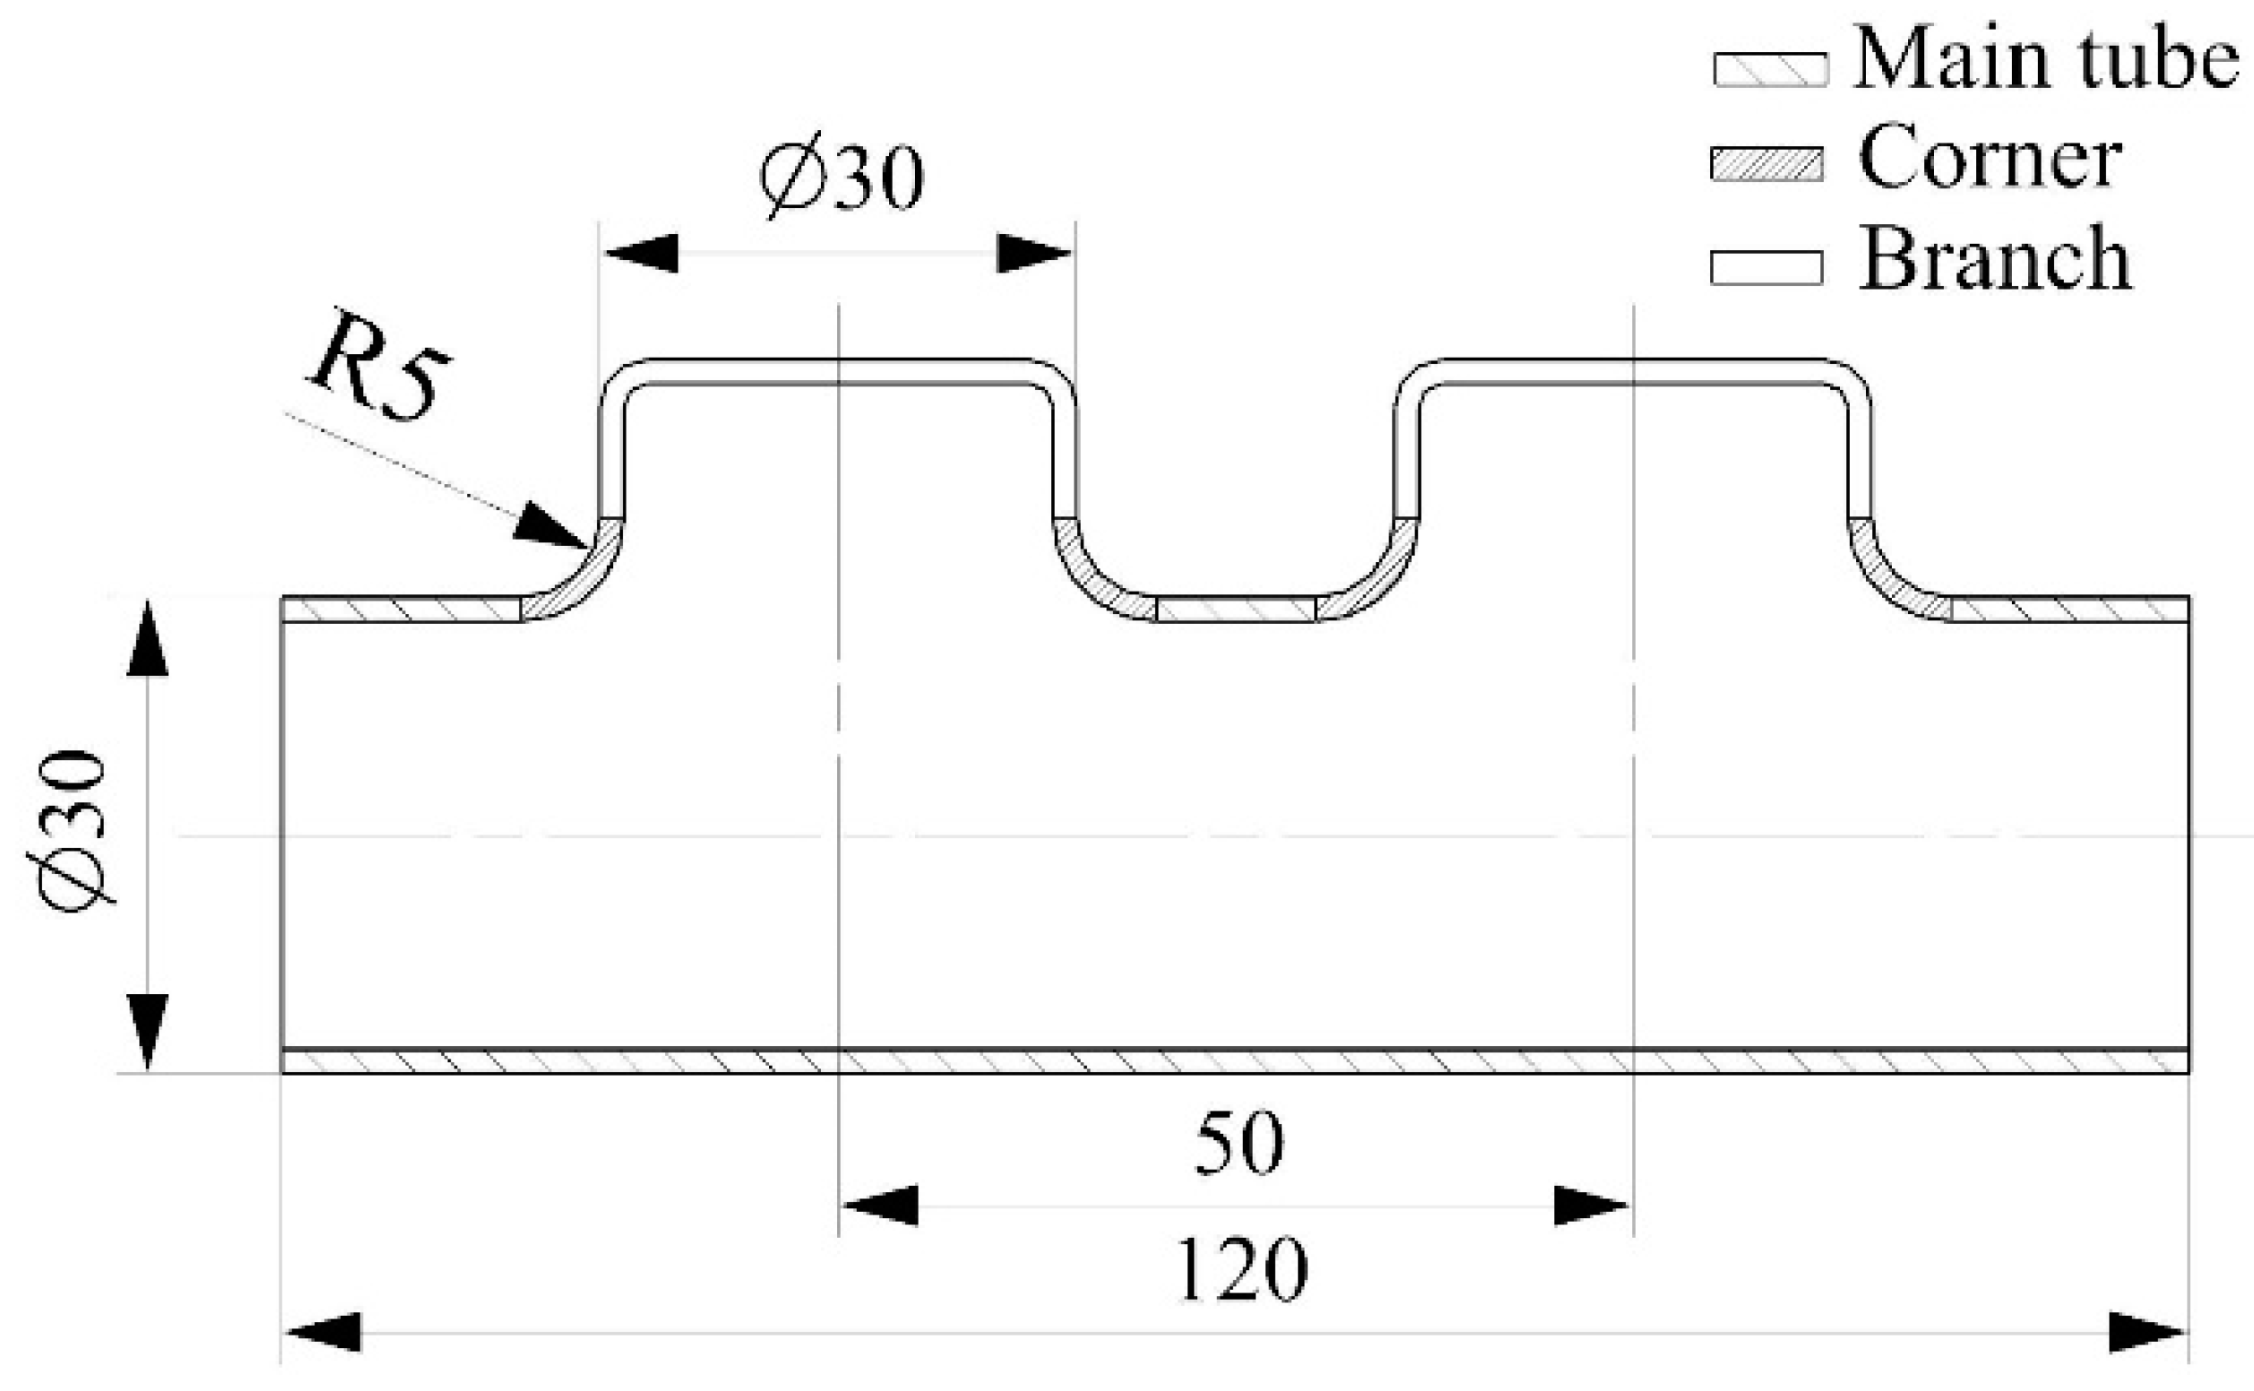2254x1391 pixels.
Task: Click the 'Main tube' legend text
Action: click(2045, 60)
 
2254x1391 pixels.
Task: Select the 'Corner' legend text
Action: click(1990, 159)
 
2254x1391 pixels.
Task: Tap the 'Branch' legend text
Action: click(1995, 259)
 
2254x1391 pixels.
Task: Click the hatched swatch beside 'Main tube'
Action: click(1770, 69)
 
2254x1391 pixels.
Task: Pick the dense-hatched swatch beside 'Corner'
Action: click(1766, 164)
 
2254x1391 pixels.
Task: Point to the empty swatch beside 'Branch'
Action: click(1766, 268)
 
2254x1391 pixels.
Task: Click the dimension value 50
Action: click(1239, 1144)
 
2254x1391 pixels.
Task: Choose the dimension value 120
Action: click(1240, 1271)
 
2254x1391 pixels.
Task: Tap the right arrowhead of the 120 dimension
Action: click(2147, 1332)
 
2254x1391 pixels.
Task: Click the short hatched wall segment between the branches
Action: click(1236, 609)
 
